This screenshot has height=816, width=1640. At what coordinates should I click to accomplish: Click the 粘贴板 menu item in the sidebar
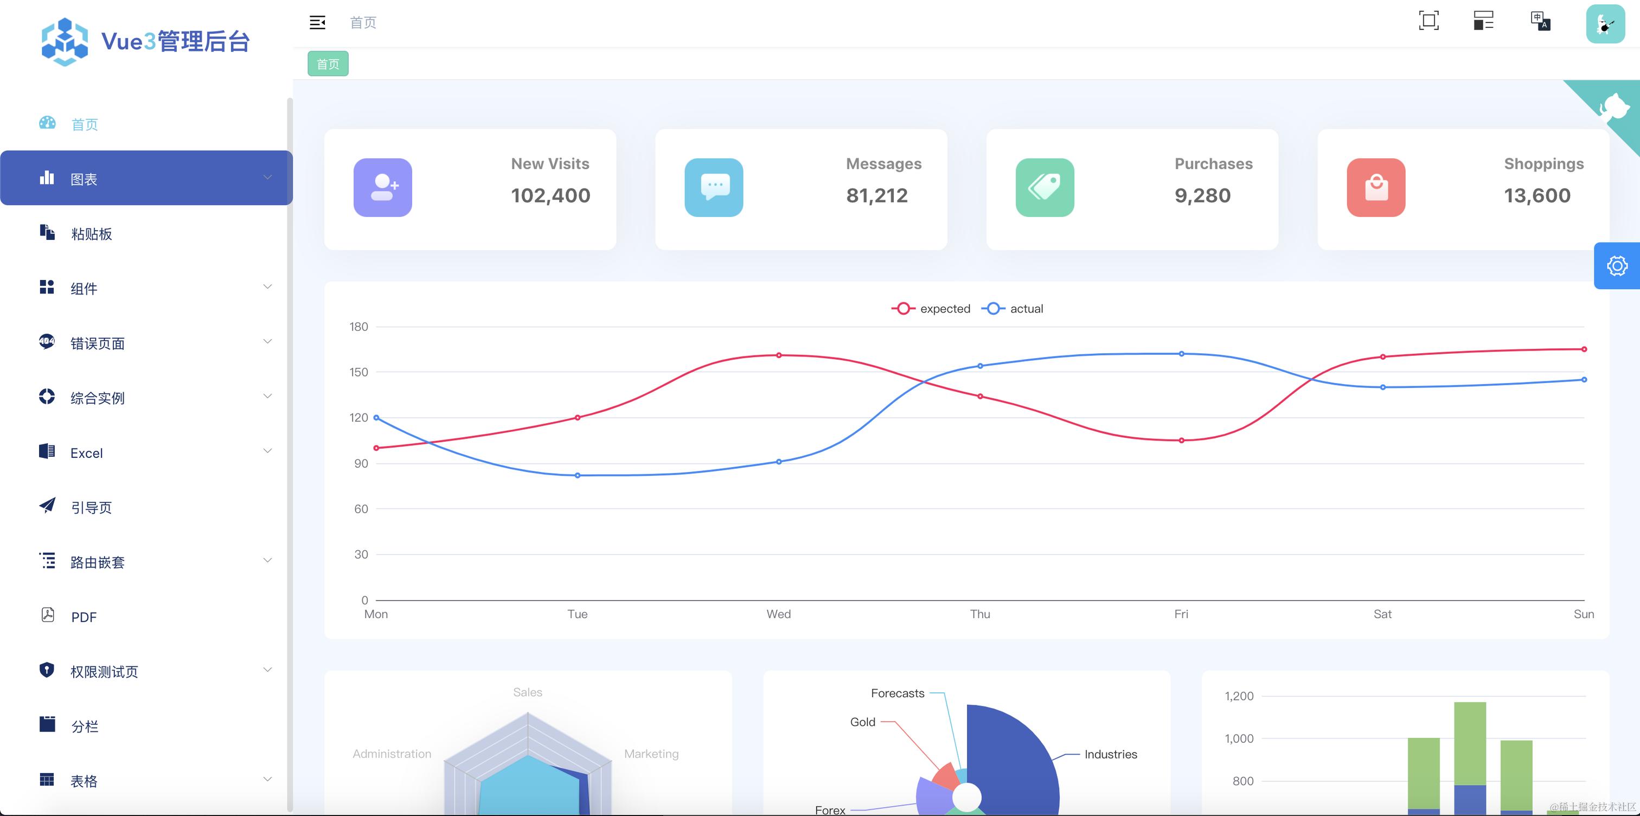(91, 234)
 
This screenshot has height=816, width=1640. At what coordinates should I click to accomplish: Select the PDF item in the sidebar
(84, 617)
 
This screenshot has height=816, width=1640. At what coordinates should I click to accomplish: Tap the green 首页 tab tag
(328, 63)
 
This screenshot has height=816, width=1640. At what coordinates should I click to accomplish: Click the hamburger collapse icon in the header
(317, 22)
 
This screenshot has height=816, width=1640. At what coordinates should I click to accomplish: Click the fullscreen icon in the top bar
(1428, 21)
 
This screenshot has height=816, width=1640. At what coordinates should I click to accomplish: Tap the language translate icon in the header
(1540, 21)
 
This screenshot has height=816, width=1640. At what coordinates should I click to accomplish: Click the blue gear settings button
(1617, 266)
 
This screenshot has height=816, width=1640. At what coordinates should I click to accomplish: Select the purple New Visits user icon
(383, 187)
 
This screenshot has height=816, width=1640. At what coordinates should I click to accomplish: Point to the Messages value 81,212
(876, 195)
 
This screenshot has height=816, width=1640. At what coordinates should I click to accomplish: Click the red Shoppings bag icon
(1376, 187)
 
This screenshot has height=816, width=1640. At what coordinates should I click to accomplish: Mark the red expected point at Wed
(779, 355)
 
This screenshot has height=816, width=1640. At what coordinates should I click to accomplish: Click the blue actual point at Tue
(578, 475)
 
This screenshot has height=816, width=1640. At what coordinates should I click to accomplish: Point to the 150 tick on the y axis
(358, 372)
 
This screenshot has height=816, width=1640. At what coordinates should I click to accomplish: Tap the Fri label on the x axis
(1181, 614)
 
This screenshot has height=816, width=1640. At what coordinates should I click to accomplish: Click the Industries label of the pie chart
(1110, 754)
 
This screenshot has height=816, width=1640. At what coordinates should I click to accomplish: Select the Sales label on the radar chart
(527, 692)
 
